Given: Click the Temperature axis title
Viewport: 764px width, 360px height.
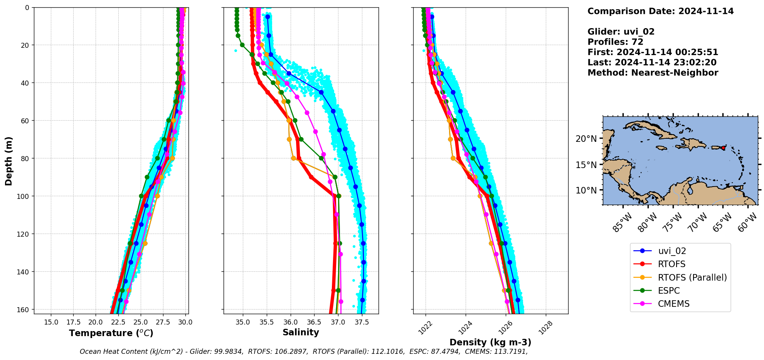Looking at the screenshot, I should click(x=111, y=333).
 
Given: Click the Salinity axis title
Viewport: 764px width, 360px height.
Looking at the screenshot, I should click(x=301, y=332).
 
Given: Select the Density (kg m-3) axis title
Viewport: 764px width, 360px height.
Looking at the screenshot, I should click(x=490, y=342).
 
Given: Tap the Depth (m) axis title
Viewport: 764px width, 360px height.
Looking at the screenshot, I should click(x=8, y=161).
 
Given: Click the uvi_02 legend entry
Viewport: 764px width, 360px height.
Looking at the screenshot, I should click(x=671, y=251).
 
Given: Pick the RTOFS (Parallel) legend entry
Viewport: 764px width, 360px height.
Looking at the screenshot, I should click(x=692, y=278).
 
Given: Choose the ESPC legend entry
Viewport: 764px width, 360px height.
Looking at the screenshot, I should click(x=668, y=291).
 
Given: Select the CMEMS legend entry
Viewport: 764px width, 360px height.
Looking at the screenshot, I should click(x=673, y=304).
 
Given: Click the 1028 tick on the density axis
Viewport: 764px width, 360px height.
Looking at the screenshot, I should click(x=545, y=328).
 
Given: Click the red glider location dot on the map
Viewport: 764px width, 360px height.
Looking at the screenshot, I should click(x=723, y=148).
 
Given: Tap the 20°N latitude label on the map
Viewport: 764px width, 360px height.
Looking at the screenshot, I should click(x=586, y=139).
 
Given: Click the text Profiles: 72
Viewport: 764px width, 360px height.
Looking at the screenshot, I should click(x=615, y=42).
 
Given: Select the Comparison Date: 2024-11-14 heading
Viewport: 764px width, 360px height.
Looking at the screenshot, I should click(x=660, y=11).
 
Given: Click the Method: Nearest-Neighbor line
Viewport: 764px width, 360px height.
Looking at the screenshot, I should click(x=653, y=73).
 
